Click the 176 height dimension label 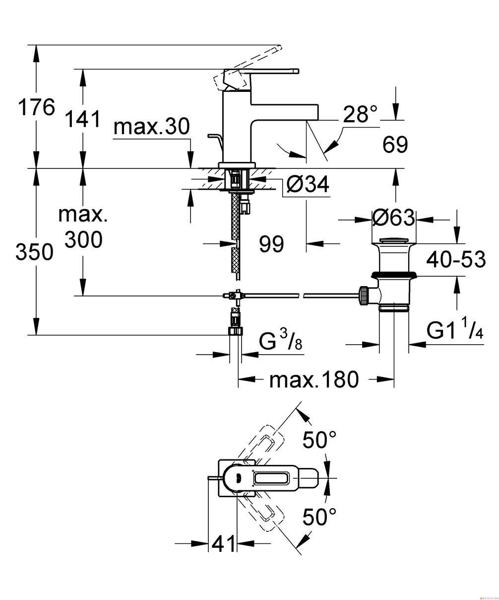pos(36,107)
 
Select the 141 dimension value pos(83,119)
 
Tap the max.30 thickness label pos(151,127)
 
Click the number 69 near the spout pos(395,145)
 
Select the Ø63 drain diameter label pos(393,218)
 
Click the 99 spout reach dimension pos(271,244)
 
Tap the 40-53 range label pos(456,259)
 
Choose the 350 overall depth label pos(34,252)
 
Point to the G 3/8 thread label pos(280,341)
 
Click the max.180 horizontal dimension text pos(314,379)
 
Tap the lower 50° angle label pos(319,516)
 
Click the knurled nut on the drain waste pos(364,296)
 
